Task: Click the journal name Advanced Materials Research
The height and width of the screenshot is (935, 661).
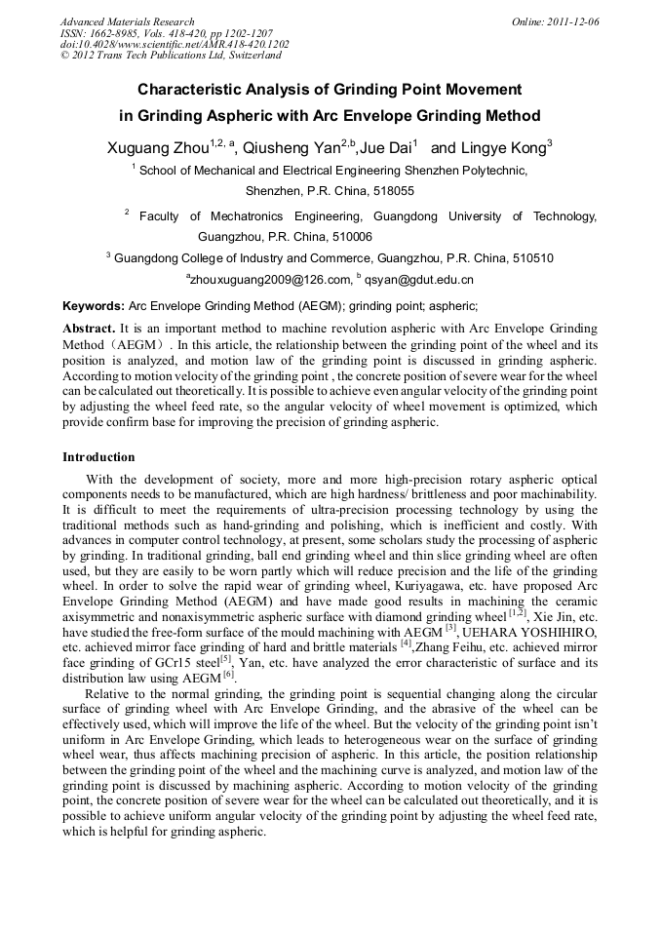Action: click(128, 21)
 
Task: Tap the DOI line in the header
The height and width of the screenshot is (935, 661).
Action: click(175, 45)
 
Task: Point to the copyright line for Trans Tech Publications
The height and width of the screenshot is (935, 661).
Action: click(170, 57)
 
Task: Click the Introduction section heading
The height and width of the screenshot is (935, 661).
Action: click(98, 456)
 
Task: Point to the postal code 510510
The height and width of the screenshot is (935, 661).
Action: click(527, 258)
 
